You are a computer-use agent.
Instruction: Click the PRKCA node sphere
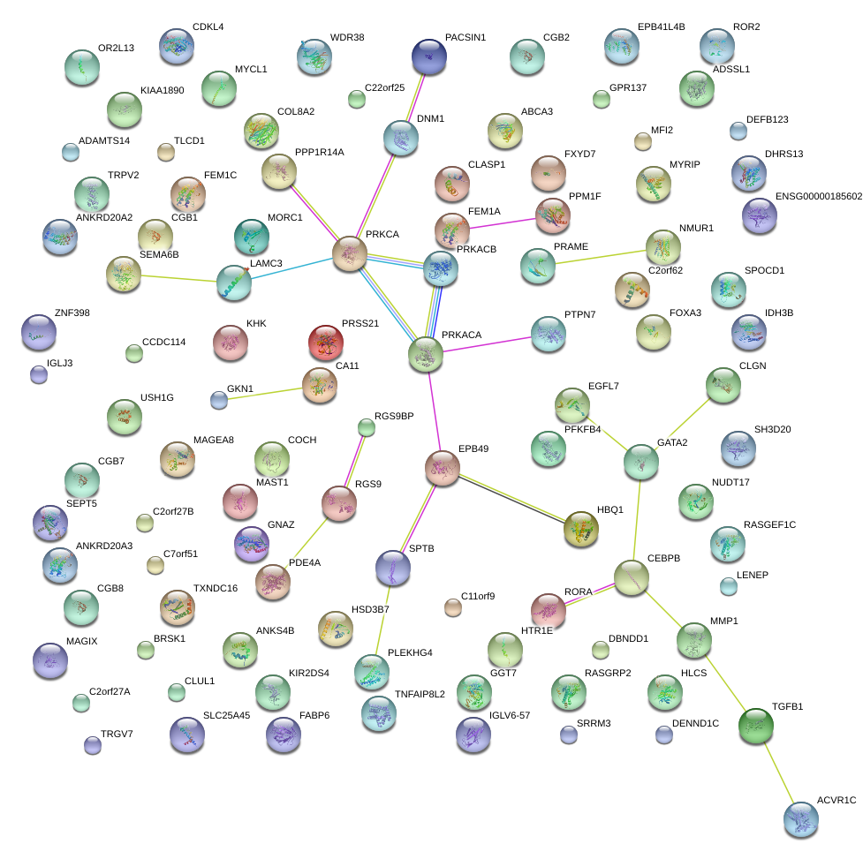pos(350,253)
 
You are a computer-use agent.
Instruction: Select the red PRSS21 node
pos(325,343)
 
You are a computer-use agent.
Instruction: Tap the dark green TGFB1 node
pos(756,725)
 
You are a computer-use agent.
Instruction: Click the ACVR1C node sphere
pos(800,819)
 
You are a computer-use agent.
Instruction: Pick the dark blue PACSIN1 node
pos(429,57)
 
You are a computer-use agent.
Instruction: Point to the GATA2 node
pos(640,463)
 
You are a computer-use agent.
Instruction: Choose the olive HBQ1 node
pos(581,528)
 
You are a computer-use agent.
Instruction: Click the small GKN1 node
pos(219,400)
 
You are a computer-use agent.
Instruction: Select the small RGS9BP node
pos(367,428)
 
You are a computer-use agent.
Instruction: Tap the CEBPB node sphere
pos(631,577)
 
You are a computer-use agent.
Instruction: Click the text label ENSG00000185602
pos(819,196)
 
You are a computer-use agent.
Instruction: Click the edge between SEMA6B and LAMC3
pos(180,278)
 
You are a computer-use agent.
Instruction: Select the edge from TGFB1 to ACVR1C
pos(778,772)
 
